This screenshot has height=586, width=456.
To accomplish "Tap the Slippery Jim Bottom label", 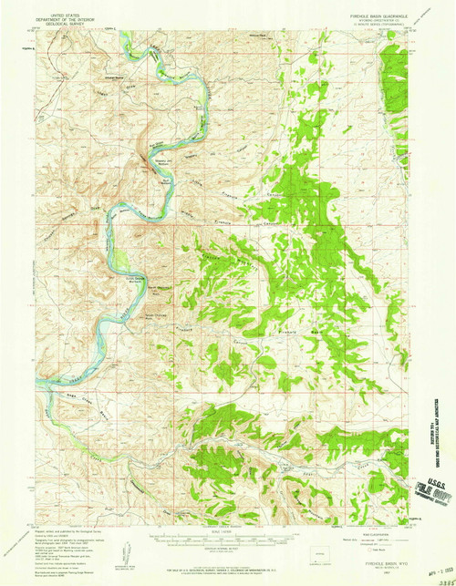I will (161, 165).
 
